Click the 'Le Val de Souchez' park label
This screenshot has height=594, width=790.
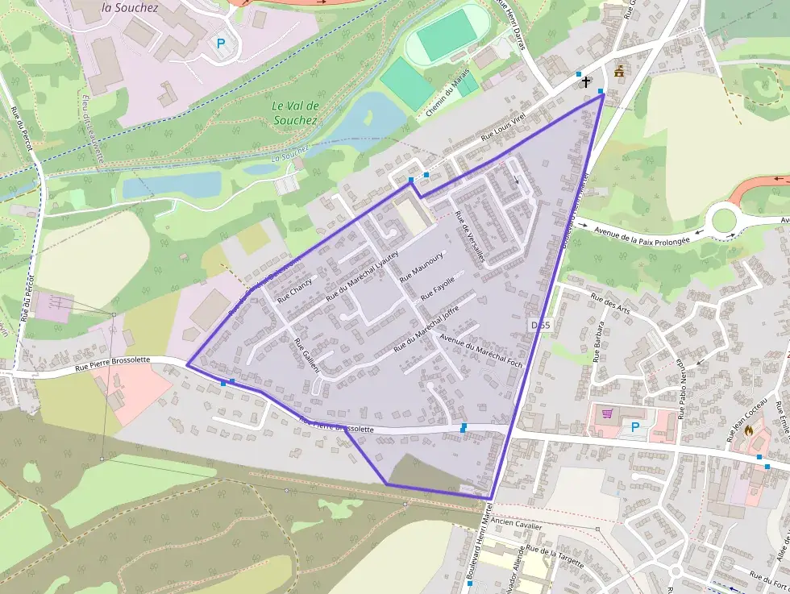[x=296, y=113]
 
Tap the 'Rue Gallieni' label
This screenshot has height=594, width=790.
[x=306, y=355]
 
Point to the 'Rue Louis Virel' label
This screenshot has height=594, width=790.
[x=503, y=128]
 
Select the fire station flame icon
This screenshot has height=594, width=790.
[x=749, y=430]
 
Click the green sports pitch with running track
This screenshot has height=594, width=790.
[x=445, y=34]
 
